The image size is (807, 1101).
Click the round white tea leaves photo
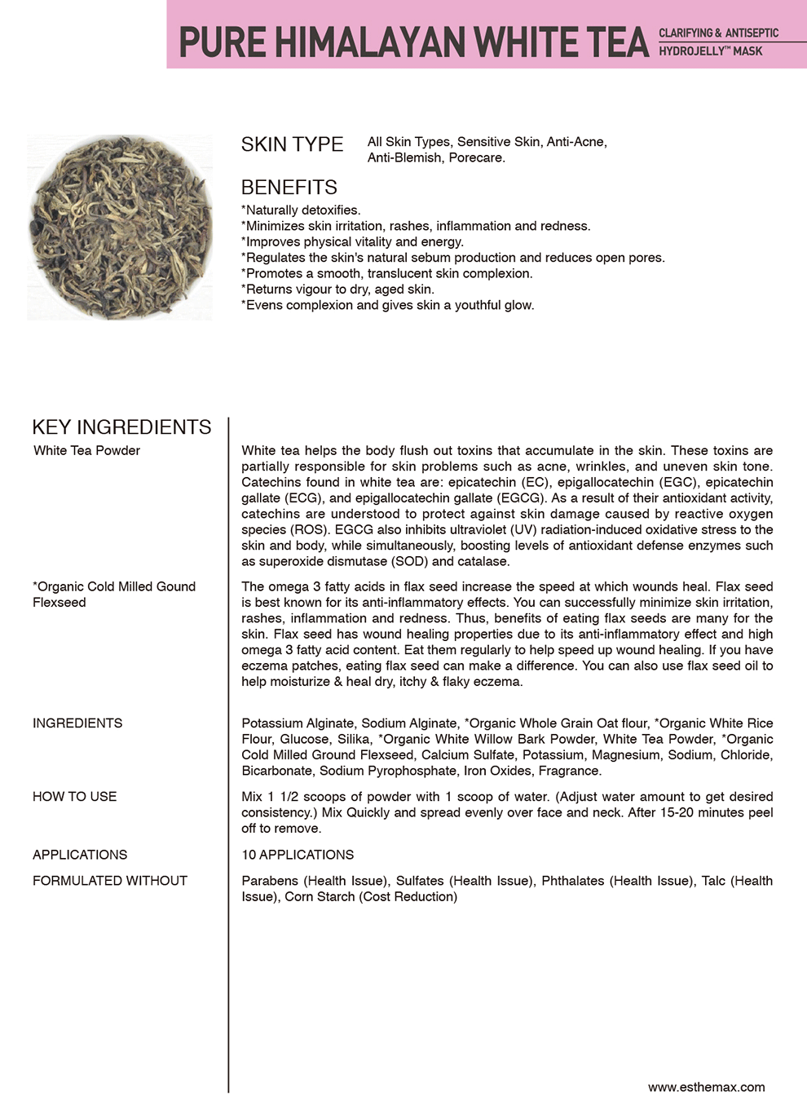tap(120, 228)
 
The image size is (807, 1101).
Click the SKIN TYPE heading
tap(292, 144)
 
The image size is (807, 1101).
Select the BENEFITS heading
tap(289, 188)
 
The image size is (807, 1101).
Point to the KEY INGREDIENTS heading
tap(121, 427)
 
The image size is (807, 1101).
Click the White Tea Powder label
tap(86, 451)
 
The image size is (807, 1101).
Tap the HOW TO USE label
tap(74, 797)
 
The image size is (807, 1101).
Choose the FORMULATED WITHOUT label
tap(110, 881)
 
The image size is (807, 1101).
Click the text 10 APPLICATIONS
tap(298, 855)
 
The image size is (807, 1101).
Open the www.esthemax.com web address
tap(706, 1087)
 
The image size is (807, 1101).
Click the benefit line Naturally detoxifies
tap(301, 210)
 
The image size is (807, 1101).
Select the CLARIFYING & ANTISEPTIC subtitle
tap(718, 33)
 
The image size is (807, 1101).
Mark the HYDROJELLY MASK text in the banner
tap(710, 51)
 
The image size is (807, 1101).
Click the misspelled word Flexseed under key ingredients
tap(59, 603)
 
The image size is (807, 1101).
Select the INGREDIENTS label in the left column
tap(77, 723)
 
